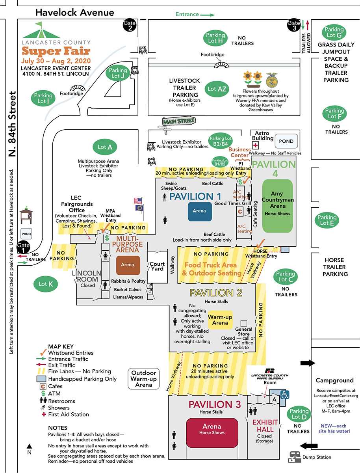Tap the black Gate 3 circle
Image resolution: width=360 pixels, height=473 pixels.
click(294, 25)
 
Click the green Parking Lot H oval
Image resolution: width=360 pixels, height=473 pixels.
click(216, 38)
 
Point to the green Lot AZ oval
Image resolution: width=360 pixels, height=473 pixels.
click(217, 89)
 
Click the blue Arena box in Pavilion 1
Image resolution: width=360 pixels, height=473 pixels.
click(200, 211)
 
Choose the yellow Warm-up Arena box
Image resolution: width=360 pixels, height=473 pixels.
click(220, 320)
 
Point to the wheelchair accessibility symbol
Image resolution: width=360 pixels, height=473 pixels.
click(285, 394)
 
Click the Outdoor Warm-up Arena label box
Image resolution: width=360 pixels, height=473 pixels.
click(144, 379)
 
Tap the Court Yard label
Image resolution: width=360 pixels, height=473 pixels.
click(157, 266)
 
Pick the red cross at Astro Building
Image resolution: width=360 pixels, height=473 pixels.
click(255, 145)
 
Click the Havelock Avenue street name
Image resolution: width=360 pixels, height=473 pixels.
click(75, 13)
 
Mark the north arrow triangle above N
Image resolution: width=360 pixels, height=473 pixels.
click(30, 446)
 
